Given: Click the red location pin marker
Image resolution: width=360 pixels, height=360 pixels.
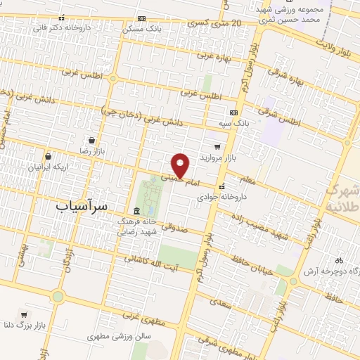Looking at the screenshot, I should tap(181, 165).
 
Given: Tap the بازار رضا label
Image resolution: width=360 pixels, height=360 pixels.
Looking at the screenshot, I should tap(91, 151).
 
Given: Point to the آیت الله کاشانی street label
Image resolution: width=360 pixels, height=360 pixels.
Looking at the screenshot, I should tap(151, 263).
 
